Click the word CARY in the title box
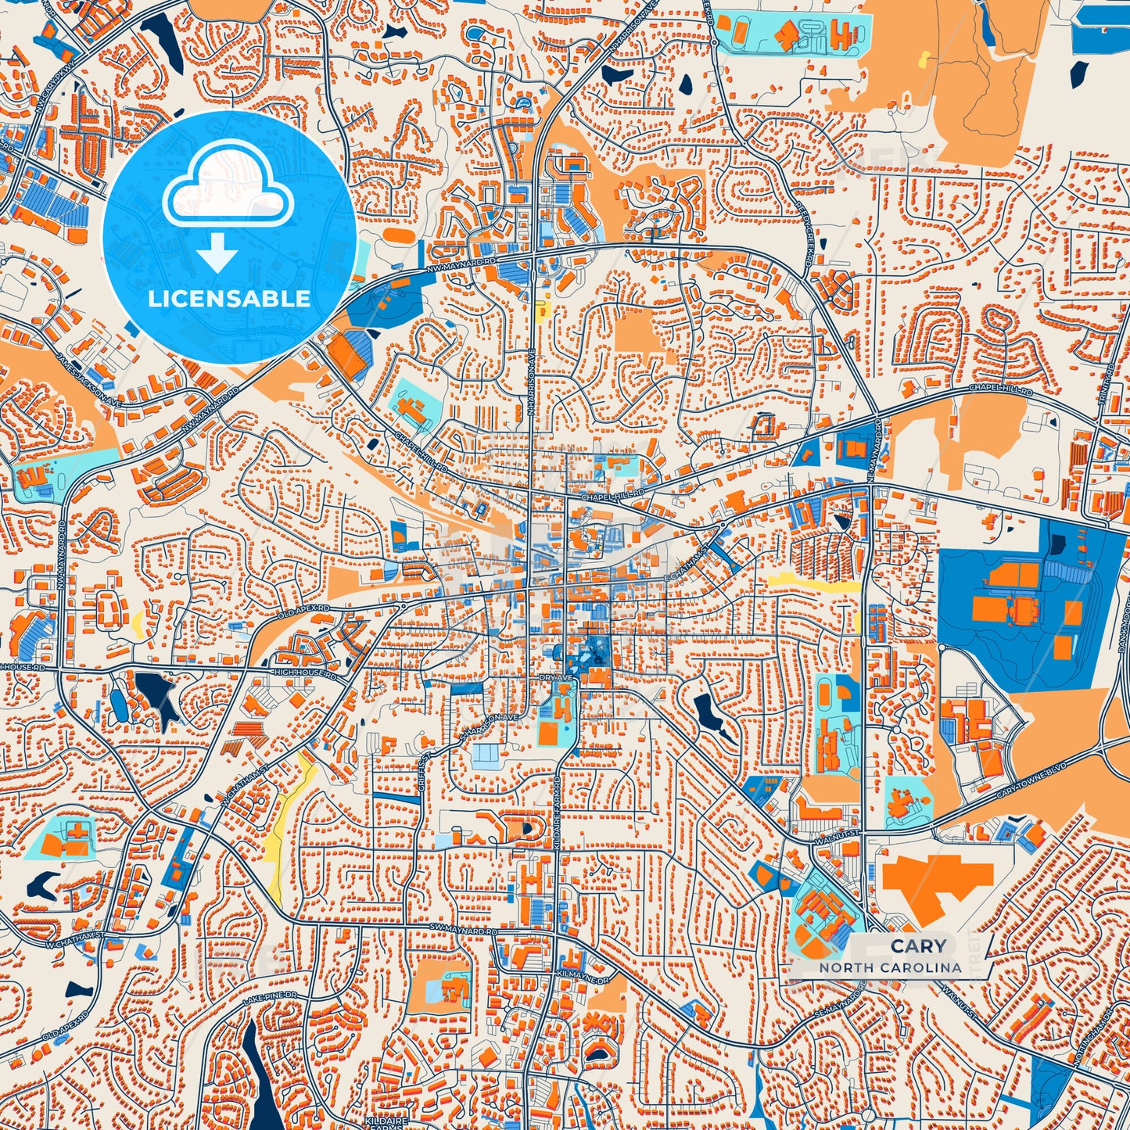click(x=918, y=945)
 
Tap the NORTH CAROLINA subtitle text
click(x=890, y=967)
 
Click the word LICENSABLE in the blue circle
click(x=229, y=299)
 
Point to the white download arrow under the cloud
click(x=217, y=253)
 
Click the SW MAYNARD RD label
click(x=463, y=930)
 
